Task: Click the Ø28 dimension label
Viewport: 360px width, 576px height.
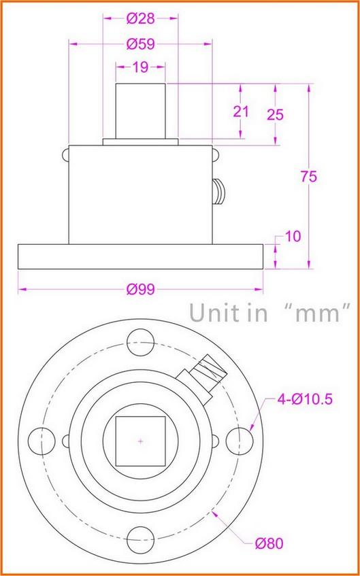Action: click(140, 18)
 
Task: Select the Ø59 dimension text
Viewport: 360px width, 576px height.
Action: click(140, 44)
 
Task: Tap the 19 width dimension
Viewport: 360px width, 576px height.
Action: click(140, 67)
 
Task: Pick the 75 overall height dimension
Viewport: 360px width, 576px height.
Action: click(309, 176)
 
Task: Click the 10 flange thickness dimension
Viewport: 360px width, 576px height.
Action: click(293, 236)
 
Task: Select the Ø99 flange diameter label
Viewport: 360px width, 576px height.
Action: click(140, 290)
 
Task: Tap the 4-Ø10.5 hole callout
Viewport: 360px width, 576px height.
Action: click(304, 399)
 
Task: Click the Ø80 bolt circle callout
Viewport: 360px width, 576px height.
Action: click(269, 543)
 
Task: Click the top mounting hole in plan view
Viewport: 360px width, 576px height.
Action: click(140, 339)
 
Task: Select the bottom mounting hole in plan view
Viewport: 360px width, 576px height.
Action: click(140, 539)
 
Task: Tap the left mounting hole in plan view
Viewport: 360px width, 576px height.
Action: click(41, 439)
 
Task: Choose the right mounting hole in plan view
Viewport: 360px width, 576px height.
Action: click(240, 439)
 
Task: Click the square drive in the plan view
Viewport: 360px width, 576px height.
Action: click(140, 439)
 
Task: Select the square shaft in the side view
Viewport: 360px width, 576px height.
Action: click(140, 112)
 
